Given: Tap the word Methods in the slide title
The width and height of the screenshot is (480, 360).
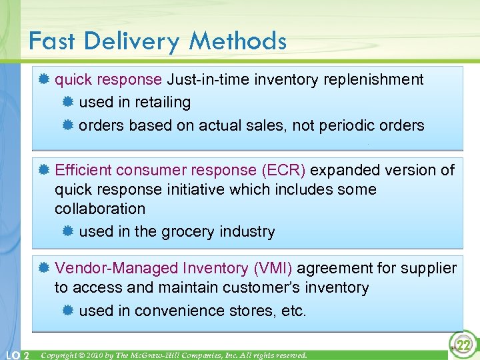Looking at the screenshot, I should (237, 41).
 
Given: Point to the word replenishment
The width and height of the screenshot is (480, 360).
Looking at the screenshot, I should (373, 80).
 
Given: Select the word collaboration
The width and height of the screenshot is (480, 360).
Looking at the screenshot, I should (100, 209).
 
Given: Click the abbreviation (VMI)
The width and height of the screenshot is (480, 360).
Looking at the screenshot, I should (272, 268).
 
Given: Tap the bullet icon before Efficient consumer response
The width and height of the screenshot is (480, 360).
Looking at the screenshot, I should (43, 170).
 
